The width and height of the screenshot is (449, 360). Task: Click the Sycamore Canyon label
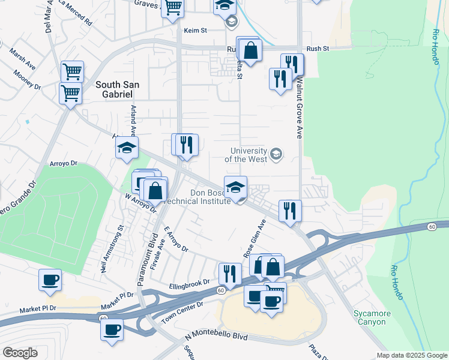372,317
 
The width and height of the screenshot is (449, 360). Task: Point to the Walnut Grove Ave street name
298,107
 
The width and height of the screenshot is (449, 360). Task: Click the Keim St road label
195,29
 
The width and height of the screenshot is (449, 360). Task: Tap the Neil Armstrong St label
112,249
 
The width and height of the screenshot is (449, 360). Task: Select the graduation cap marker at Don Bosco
236,187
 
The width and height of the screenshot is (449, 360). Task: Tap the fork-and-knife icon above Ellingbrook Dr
230,274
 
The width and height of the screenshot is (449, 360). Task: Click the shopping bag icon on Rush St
251,50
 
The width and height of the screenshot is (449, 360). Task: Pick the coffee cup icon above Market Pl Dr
50,279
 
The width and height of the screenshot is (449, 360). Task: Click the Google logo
20,353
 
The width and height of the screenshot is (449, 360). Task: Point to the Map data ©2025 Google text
412,355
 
